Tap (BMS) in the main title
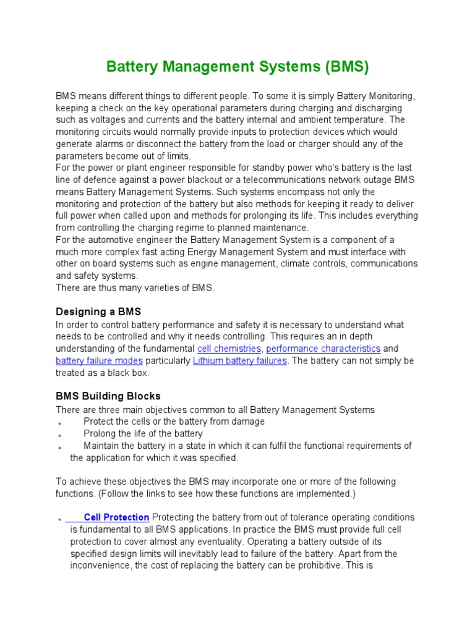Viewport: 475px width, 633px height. click(345, 67)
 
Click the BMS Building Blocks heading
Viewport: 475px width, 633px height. click(108, 396)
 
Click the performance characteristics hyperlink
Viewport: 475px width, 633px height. click(323, 349)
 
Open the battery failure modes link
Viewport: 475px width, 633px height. click(99, 360)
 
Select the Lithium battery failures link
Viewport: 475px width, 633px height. click(240, 360)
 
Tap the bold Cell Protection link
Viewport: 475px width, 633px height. click(116, 517)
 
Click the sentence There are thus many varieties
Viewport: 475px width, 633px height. click(135, 288)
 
